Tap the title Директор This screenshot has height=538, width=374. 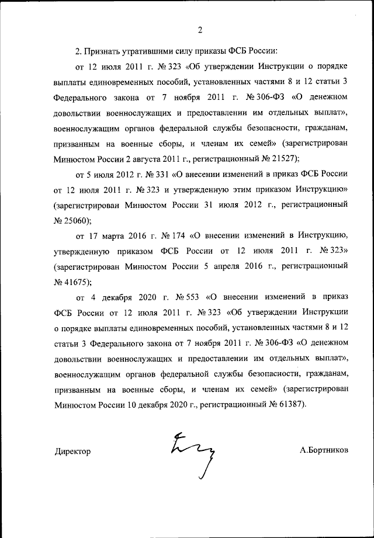tap(73, 452)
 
